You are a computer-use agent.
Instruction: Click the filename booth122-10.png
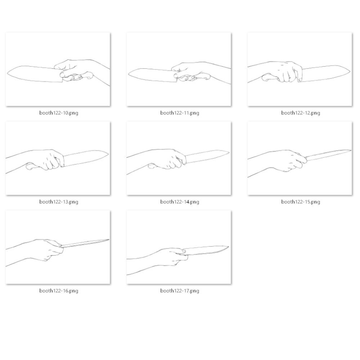[59, 113]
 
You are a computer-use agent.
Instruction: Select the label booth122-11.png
[180, 113]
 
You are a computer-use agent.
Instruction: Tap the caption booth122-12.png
[301, 113]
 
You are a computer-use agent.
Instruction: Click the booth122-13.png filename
[59, 202]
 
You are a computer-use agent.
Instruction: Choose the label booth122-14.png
[180, 202]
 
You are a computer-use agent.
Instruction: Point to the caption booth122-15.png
[301, 202]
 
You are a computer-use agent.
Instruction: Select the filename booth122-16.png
[59, 291]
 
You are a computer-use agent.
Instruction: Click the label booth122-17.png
[180, 291]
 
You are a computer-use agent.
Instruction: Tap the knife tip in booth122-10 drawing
[7, 73]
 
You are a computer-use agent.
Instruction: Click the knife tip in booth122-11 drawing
[128, 74]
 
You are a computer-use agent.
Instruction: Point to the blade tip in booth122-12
[350, 71]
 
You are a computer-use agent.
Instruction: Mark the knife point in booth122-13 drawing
[108, 154]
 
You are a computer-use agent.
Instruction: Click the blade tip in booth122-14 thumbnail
[229, 152]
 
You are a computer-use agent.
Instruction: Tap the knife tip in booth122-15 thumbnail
[351, 150]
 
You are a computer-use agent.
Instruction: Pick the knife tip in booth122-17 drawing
[229, 247]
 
